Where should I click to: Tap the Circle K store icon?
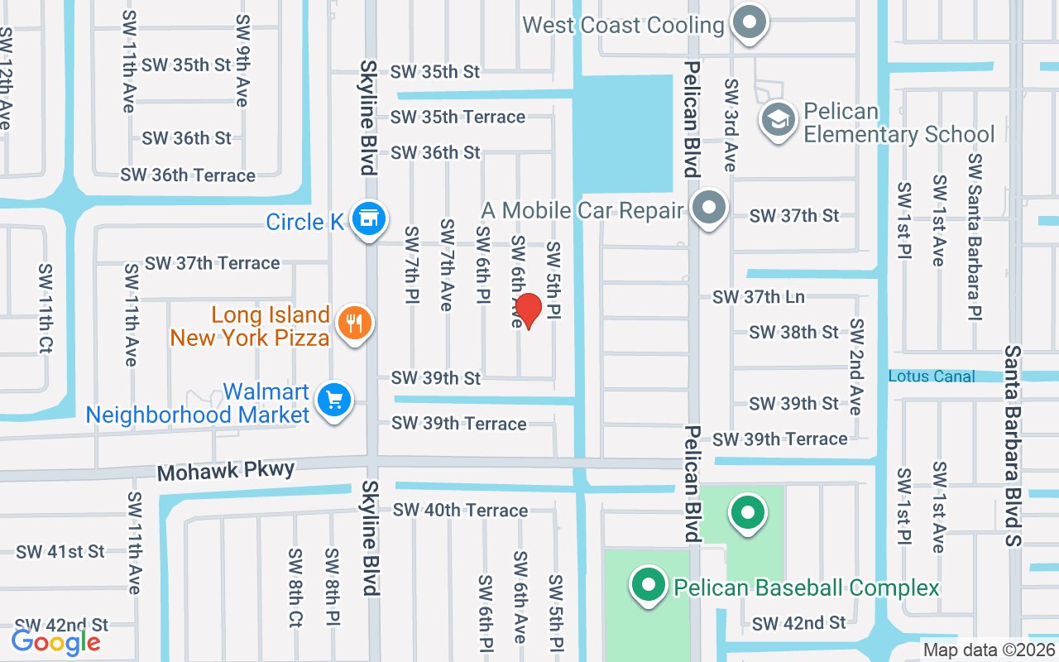point(367,219)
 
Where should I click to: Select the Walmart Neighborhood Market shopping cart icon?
point(333,401)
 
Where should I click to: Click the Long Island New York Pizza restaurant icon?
point(355,324)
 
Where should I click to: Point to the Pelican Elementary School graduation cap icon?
point(778,121)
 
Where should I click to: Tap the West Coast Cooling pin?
point(750,23)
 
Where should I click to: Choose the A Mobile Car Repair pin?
point(709,208)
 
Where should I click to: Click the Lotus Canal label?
point(932,377)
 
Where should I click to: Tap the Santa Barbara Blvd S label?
point(1013,446)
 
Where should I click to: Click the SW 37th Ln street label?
point(759,296)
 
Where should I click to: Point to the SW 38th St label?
point(793,332)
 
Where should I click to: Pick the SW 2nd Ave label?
point(856,367)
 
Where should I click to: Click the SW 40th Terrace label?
point(460,511)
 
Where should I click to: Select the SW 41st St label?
point(60,551)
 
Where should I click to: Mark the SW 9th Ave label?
point(242,60)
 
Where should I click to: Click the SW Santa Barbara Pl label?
point(975,237)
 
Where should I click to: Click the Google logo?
point(55,641)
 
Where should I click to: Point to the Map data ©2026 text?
point(989,650)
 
